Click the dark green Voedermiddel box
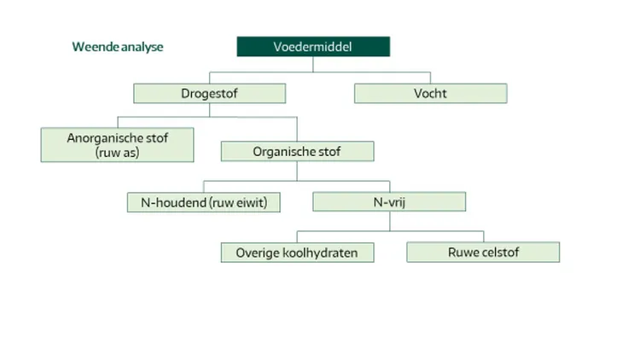click(x=313, y=47)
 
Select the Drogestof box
click(x=209, y=93)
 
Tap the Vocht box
click(x=430, y=93)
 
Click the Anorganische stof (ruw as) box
click(x=117, y=144)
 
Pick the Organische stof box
click(x=297, y=151)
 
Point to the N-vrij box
click(x=389, y=202)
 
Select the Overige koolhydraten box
click(x=297, y=253)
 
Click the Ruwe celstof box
click(x=483, y=253)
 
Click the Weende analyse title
click(x=117, y=47)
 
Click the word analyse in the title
click(x=142, y=47)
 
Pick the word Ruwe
click(x=463, y=253)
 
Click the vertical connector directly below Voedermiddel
click(x=313, y=66)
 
